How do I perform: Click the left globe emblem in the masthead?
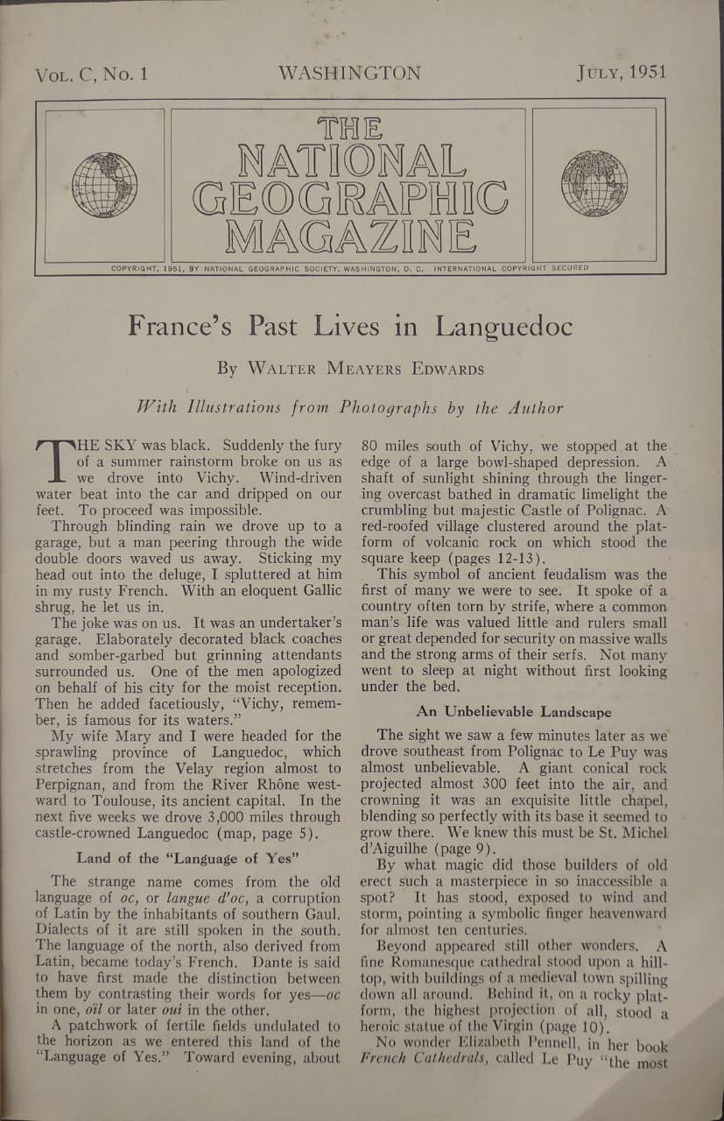(x=104, y=184)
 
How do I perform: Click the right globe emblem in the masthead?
(x=594, y=183)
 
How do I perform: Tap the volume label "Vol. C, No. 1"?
(x=91, y=74)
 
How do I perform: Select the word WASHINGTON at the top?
(x=349, y=73)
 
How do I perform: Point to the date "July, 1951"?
(x=622, y=72)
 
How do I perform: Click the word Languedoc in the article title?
(x=504, y=327)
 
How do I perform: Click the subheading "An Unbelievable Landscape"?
(x=514, y=712)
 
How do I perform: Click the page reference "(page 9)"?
(x=481, y=849)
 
